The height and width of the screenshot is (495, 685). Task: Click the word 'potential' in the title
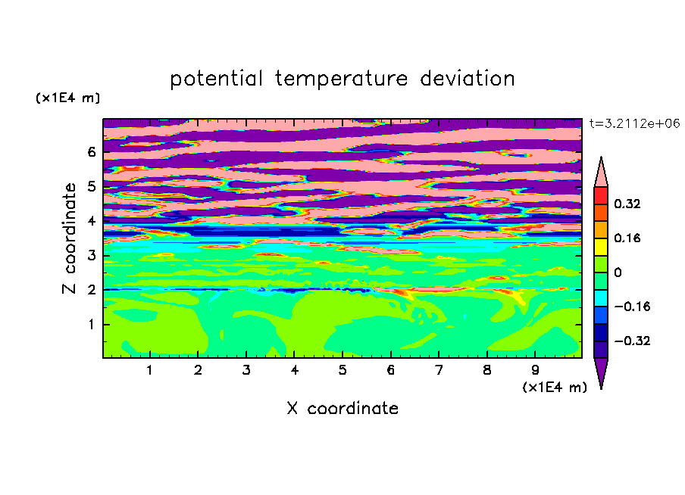pyautogui.click(x=216, y=79)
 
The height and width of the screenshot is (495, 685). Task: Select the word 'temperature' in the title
pyautogui.click(x=341, y=79)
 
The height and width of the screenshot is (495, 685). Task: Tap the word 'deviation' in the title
pyautogui.click(x=467, y=79)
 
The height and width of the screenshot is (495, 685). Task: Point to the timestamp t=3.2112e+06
pyautogui.click(x=634, y=123)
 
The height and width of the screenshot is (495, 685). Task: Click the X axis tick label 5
pyautogui.click(x=342, y=370)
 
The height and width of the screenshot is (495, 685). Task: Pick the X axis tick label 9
pyautogui.click(x=535, y=370)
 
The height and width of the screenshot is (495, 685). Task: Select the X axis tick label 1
pyautogui.click(x=149, y=370)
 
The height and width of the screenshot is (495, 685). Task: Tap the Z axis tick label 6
pyautogui.click(x=91, y=152)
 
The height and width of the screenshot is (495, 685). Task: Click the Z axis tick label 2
pyautogui.click(x=91, y=289)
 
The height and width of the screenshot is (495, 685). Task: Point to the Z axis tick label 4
pyautogui.click(x=91, y=221)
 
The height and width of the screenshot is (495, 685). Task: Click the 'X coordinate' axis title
pyautogui.click(x=342, y=408)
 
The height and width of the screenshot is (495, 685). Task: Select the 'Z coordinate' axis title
pyautogui.click(x=69, y=238)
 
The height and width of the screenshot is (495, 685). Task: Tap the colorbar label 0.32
pyautogui.click(x=627, y=204)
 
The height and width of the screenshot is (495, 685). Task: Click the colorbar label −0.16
pyautogui.click(x=632, y=307)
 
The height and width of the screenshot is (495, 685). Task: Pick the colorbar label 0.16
pyautogui.click(x=627, y=238)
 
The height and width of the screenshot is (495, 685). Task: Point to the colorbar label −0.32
pyautogui.click(x=632, y=341)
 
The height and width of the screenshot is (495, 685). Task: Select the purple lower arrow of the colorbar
pyautogui.click(x=601, y=371)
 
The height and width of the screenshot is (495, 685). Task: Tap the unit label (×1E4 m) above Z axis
pyautogui.click(x=67, y=98)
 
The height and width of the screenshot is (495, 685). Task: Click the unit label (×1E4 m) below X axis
pyautogui.click(x=555, y=388)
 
